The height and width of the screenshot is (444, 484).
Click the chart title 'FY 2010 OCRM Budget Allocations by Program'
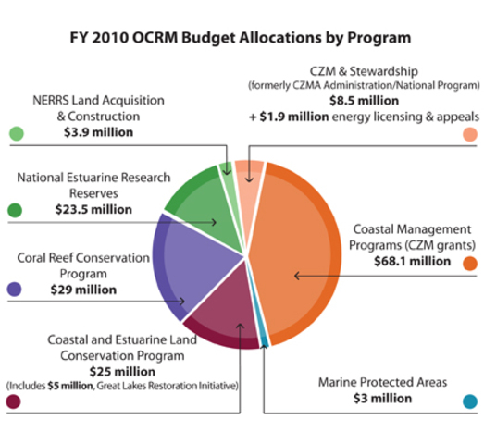point(241,39)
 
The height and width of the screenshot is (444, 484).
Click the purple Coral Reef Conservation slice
point(185,268)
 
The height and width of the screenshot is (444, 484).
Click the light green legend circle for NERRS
point(15,133)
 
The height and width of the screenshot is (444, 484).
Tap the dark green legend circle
point(15,210)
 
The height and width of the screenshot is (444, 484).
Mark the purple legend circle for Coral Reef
point(15,290)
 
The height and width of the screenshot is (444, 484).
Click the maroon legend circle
point(15,401)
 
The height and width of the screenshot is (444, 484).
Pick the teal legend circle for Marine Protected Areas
point(470,401)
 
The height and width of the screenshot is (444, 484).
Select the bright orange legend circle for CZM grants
point(470,263)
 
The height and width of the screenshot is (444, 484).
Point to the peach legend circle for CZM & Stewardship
point(470,135)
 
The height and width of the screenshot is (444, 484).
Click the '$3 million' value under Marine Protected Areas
point(382,399)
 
